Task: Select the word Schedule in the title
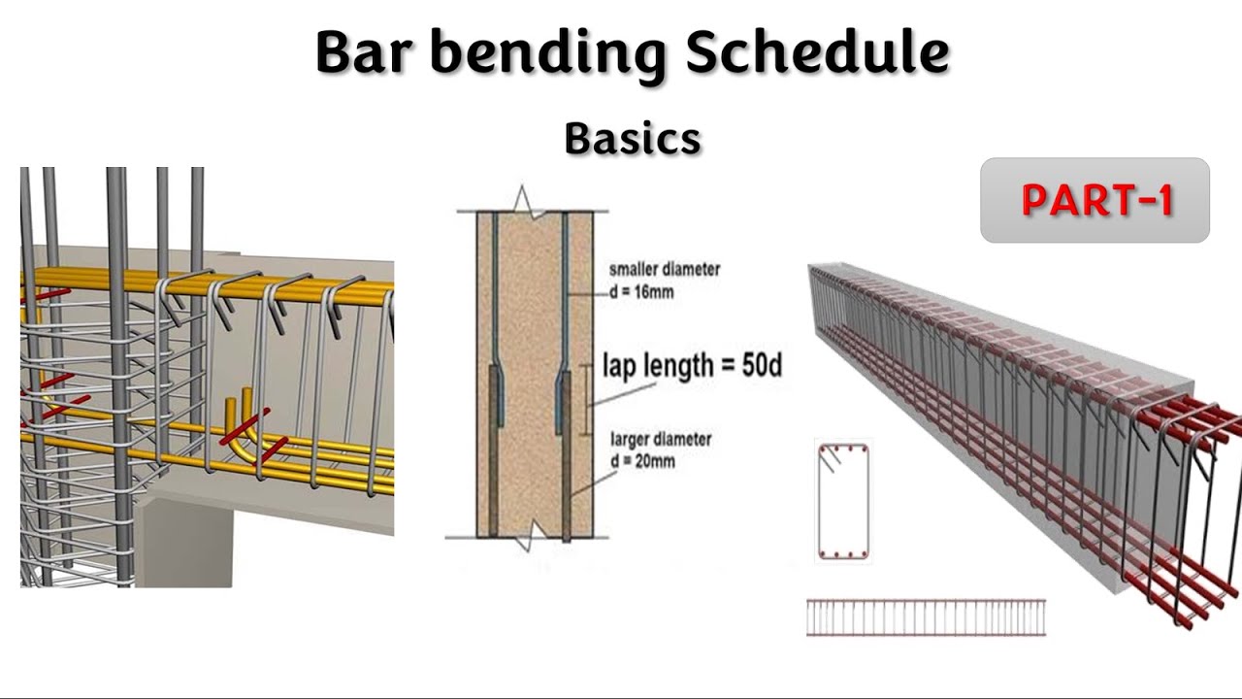click(x=816, y=53)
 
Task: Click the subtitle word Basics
click(x=632, y=139)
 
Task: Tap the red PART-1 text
click(x=1096, y=200)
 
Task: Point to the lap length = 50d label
click(x=691, y=366)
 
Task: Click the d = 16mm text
click(x=641, y=292)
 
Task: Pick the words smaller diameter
click(x=665, y=269)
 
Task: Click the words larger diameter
click(x=661, y=439)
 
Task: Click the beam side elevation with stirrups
click(x=926, y=617)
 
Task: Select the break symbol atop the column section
click(x=523, y=201)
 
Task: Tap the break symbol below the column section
click(x=524, y=539)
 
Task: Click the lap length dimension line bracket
click(x=586, y=398)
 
